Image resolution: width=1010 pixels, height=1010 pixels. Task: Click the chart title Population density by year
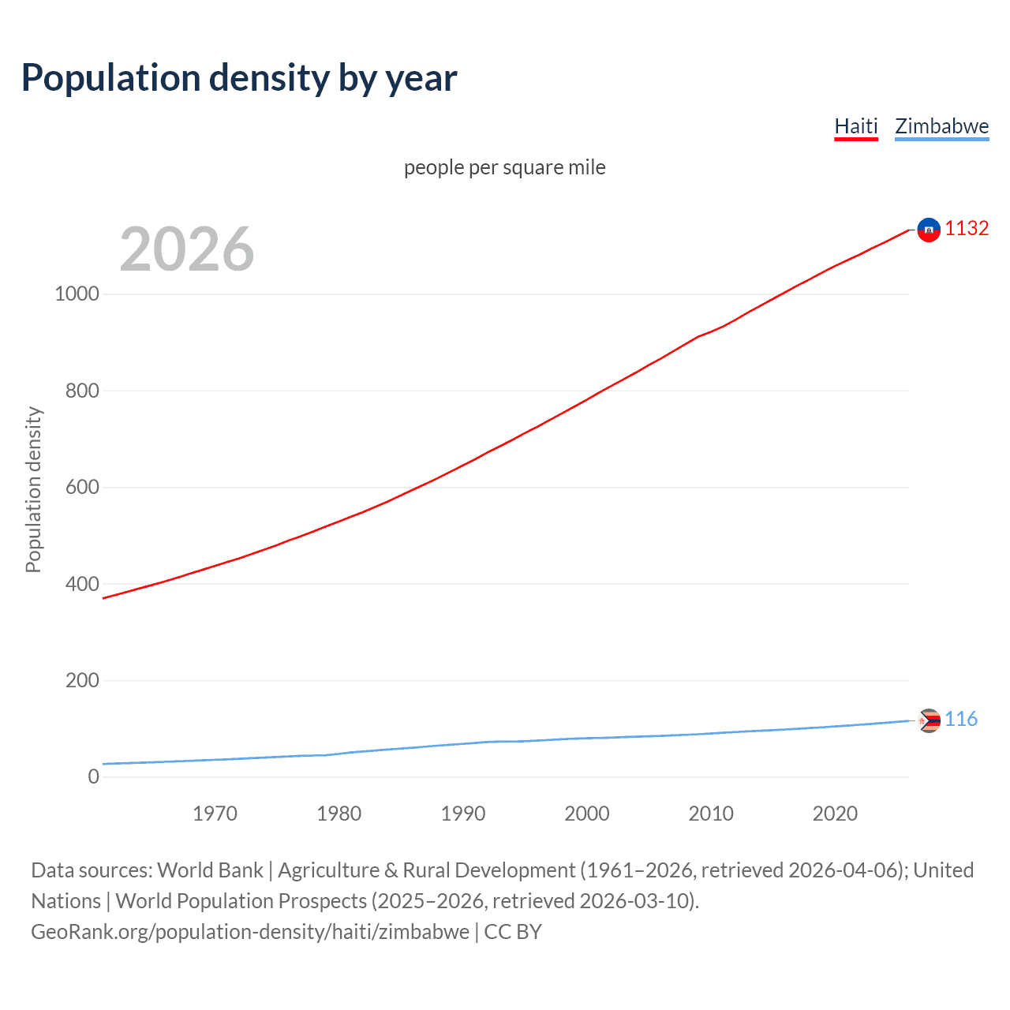(239, 78)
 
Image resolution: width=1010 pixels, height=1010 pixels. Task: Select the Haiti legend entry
(856, 126)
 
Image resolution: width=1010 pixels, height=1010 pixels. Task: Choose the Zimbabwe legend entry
(941, 126)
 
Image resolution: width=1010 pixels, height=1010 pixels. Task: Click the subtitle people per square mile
(505, 167)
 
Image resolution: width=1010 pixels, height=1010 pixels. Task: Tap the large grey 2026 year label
(187, 249)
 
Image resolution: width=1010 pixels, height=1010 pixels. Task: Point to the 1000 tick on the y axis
(77, 294)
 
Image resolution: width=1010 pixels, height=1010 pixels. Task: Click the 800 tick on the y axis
(83, 391)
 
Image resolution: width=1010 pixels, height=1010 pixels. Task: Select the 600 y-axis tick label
(83, 487)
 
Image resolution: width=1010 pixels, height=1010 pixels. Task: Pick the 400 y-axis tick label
(83, 584)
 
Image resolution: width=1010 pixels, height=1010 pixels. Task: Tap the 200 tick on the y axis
(83, 680)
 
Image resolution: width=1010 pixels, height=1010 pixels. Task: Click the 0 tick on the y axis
(94, 776)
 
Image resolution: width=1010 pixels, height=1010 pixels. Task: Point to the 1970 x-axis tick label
(215, 814)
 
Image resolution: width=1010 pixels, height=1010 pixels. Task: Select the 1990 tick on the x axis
(463, 814)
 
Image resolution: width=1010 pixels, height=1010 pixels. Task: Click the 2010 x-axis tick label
(711, 814)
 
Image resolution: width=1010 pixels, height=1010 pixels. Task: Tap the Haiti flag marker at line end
(929, 230)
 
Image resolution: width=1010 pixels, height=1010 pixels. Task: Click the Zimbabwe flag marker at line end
(930, 720)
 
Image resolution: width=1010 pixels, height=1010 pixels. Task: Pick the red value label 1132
(967, 228)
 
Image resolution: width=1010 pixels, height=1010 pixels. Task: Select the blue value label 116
(961, 719)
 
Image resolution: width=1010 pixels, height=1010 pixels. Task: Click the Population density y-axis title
(33, 489)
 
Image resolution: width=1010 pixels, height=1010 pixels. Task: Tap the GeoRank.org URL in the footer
(250, 932)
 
